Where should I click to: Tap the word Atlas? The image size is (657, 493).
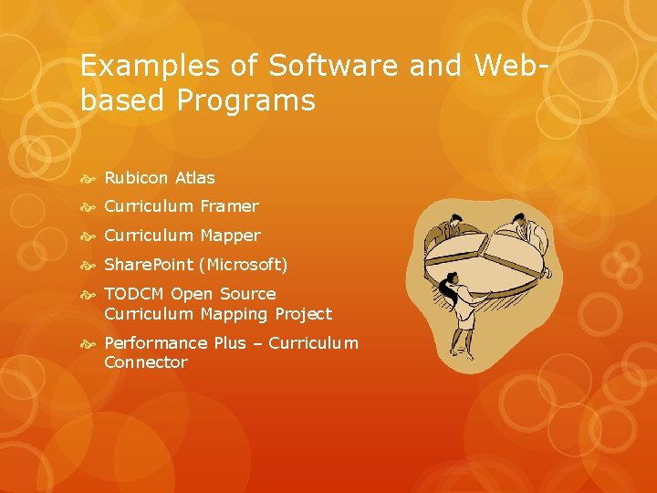(195, 178)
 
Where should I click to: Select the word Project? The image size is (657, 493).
(302, 314)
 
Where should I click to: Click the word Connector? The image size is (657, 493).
(146, 362)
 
